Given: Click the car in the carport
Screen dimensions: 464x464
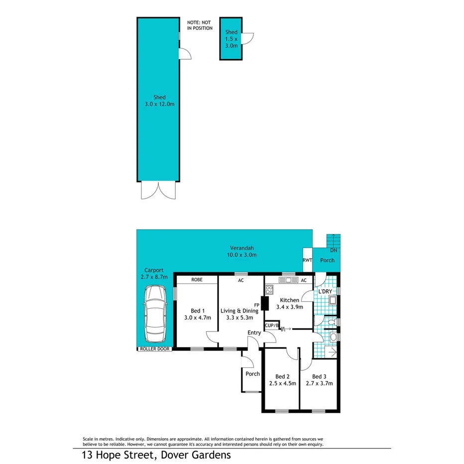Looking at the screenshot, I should coord(155,313).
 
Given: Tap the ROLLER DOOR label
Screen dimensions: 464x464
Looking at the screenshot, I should coord(154,349).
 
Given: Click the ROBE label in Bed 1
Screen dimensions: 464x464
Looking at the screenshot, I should coord(197,280).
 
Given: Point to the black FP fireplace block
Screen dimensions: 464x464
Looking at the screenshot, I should coord(265,303).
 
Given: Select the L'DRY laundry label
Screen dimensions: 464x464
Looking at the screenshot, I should coord(325,291).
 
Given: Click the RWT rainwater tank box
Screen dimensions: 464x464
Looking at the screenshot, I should coord(307,260).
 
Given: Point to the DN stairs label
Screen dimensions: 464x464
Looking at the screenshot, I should coord(333,250).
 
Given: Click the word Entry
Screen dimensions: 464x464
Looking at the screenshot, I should coord(254,333).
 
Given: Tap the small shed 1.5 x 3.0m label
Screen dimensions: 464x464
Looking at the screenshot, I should coord(231,39).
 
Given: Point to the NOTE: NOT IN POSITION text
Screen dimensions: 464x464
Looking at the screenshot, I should coord(200,25).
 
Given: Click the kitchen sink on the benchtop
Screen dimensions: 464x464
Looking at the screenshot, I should coord(288,281).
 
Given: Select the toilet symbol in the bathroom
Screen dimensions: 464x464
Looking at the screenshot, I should coord(333,337).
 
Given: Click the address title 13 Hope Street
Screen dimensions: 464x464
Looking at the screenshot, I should coord(156,455).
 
